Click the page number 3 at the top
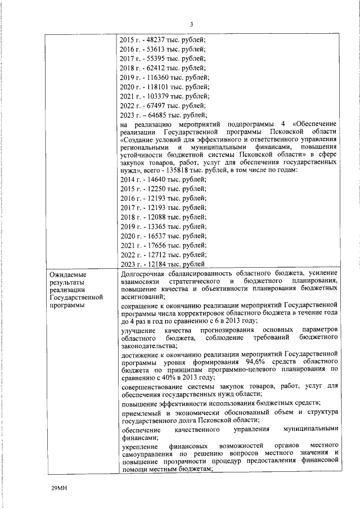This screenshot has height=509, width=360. tap(191, 24)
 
